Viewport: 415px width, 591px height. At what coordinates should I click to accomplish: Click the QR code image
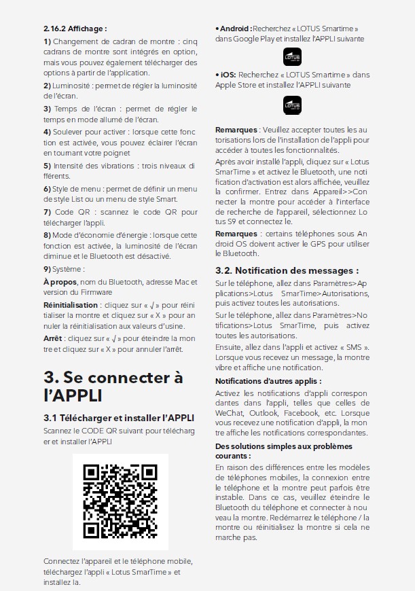[x=120, y=501]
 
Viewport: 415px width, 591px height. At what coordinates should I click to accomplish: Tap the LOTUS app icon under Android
[x=292, y=56]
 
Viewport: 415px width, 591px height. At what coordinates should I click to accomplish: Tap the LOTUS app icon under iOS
[x=292, y=105]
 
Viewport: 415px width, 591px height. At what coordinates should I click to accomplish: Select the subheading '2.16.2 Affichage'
[x=75, y=29]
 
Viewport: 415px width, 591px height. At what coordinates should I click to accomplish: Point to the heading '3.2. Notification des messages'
[x=287, y=270]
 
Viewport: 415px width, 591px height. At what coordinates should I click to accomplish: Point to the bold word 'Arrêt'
[x=54, y=338]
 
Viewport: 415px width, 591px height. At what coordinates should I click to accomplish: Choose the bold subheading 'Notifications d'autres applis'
[x=268, y=381]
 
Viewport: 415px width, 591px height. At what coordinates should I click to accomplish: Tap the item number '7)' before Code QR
[x=47, y=213]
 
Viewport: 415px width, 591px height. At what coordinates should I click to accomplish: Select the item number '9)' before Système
[x=47, y=268]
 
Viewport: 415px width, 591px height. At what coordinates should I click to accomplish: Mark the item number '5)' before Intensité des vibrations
[x=47, y=165]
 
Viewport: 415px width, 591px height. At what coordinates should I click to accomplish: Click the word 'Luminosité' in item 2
[x=73, y=86]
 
